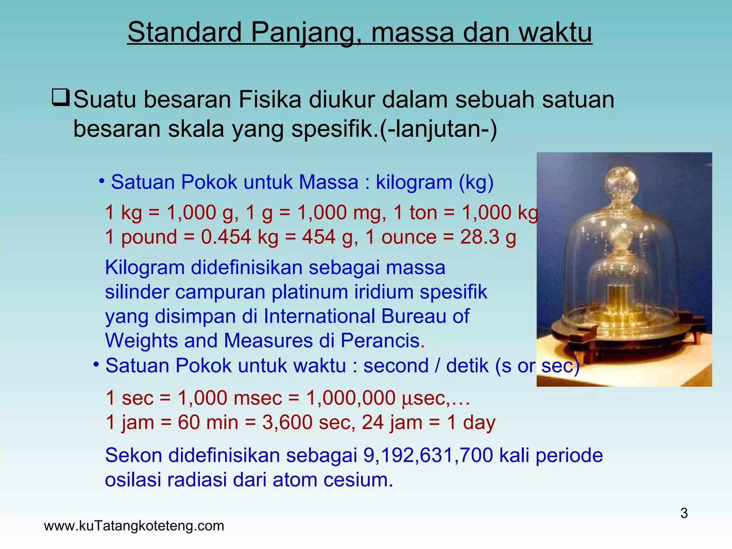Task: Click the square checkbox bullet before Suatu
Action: (60, 98)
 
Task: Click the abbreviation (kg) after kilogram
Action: (476, 182)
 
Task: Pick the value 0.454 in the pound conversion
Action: (226, 237)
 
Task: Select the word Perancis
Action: (380, 341)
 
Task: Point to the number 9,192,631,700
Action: (428, 456)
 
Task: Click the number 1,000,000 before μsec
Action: (351, 398)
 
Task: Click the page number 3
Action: (684, 513)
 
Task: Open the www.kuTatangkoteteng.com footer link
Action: (134, 526)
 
